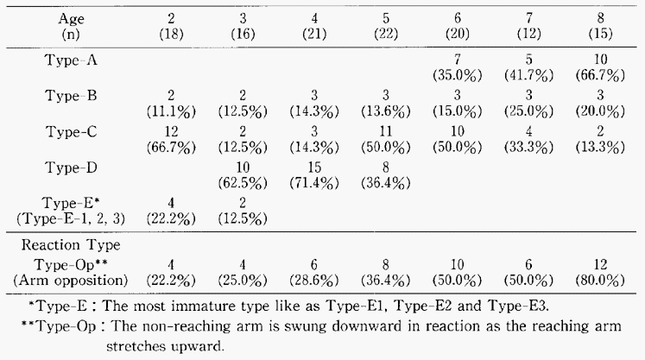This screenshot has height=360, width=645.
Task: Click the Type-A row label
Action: point(71,60)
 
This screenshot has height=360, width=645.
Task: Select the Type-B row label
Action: point(71,96)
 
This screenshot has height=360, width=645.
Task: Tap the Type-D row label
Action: point(71,167)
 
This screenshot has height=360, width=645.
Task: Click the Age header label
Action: point(71,19)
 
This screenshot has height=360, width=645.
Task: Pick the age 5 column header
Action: point(385,18)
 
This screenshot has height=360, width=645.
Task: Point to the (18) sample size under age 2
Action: point(171,34)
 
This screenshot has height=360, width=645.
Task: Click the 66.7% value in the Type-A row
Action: point(600,75)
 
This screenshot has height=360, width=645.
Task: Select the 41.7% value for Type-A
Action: point(528,75)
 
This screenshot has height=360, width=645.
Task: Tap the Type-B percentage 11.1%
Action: point(171,111)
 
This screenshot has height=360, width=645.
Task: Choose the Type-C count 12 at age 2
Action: point(171,132)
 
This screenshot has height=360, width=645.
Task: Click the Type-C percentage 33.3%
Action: point(528,148)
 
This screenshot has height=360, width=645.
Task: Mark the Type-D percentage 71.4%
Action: point(314,183)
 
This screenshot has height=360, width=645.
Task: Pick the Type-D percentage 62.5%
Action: point(243,183)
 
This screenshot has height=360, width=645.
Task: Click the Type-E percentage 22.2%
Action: point(171,218)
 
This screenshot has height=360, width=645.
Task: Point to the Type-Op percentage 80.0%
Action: point(600,281)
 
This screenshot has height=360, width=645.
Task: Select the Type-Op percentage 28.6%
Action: point(314,281)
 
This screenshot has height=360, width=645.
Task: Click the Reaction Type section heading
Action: point(71,245)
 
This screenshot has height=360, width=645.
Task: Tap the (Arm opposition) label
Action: point(71,281)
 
